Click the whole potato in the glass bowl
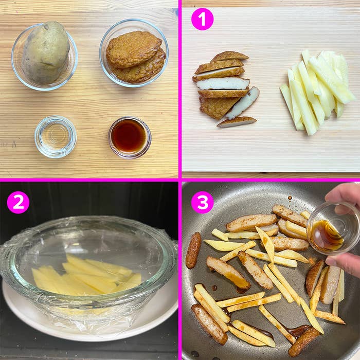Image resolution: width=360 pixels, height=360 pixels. [x=46, y=52]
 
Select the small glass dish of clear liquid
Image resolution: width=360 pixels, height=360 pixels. [x=56, y=137]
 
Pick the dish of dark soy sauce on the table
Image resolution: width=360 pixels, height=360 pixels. [x=130, y=137]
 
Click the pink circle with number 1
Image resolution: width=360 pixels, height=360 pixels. [x=202, y=19]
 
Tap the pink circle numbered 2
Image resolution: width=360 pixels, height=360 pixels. [x=18, y=202]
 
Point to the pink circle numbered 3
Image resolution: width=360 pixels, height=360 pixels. [x=202, y=202]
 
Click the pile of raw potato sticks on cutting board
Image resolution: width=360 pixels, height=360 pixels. [x=317, y=92]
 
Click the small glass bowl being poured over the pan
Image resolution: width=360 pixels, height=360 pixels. [x=333, y=227]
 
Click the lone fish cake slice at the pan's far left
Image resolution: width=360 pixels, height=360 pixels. [x=193, y=250]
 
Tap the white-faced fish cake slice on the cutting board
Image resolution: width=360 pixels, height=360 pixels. [x=222, y=83]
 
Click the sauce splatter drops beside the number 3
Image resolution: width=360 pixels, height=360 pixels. [x=290, y=197]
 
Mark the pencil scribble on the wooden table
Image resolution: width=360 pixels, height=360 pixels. [x=8, y=145]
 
